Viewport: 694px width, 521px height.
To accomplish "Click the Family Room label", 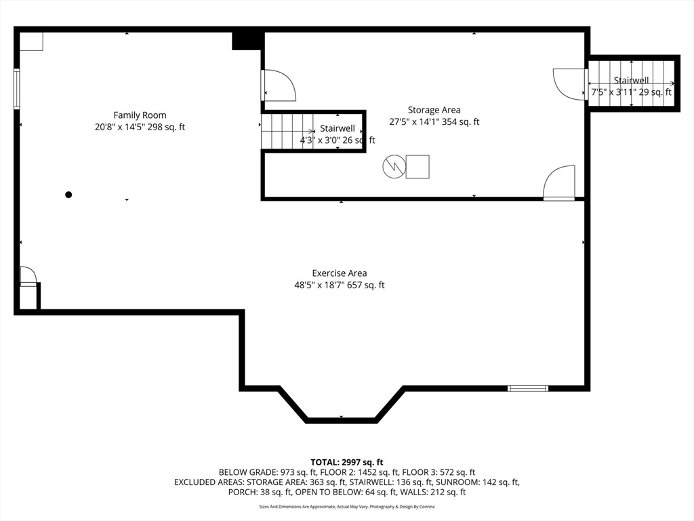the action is pyautogui.click(x=140, y=115).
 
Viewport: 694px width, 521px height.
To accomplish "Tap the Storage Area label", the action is pyautogui.click(x=434, y=110).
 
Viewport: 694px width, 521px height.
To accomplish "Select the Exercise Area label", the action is pyautogui.click(x=340, y=273).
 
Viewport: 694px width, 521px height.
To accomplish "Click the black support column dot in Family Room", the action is pyautogui.click(x=68, y=195).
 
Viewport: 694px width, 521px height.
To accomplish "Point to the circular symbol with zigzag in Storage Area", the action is pyautogui.click(x=394, y=167).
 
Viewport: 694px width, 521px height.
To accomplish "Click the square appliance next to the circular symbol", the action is pyautogui.click(x=417, y=167).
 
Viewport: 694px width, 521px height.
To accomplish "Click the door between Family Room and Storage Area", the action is pyautogui.click(x=278, y=85).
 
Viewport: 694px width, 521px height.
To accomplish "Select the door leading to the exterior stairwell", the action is pyautogui.click(x=570, y=84).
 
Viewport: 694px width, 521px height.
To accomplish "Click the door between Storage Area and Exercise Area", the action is pyautogui.click(x=559, y=183).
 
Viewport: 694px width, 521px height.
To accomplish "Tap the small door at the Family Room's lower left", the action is pyautogui.click(x=28, y=276).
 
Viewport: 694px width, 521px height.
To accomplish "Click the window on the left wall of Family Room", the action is pyautogui.click(x=17, y=89).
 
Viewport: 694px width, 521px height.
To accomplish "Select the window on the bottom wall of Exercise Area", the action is pyautogui.click(x=527, y=389).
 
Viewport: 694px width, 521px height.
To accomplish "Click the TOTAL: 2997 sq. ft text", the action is pyautogui.click(x=346, y=463).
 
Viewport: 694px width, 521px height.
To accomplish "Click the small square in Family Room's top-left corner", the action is pyautogui.click(x=31, y=41).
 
